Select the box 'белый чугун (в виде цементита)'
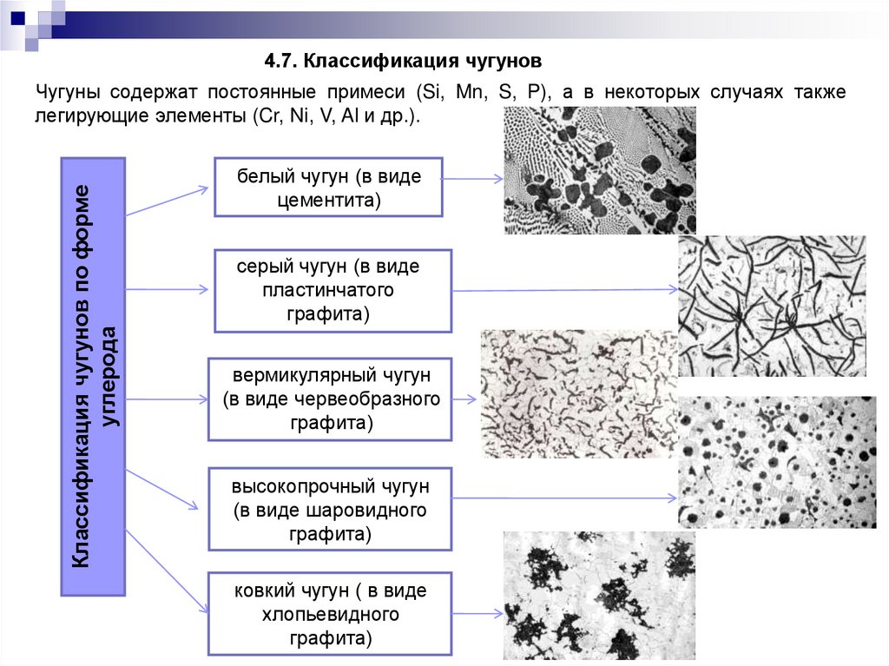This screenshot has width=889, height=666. pyautogui.click(x=328, y=188)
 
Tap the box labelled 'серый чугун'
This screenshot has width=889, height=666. pyautogui.click(x=333, y=291)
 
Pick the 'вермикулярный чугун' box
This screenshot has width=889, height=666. pyautogui.click(x=330, y=399)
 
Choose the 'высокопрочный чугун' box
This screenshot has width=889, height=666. pyautogui.click(x=330, y=508)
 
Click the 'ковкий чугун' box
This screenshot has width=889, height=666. pyautogui.click(x=330, y=614)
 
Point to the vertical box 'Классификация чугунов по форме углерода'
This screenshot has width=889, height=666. pyautogui.click(x=94, y=376)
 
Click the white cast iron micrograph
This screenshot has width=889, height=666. pyautogui.click(x=599, y=171)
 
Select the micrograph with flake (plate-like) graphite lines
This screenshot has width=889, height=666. pyautogui.click(x=771, y=306)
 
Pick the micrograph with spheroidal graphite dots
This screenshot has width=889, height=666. pyautogui.click(x=777, y=462)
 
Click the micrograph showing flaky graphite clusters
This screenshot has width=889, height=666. pyautogui.click(x=599, y=595)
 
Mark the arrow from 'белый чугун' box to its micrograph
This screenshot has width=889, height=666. pyautogui.click(x=473, y=180)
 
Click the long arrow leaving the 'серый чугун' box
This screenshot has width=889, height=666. pyautogui.click(x=564, y=290)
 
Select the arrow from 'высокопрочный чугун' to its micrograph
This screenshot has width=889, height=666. pyautogui.click(x=564, y=498)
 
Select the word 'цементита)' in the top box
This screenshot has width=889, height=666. pyautogui.click(x=328, y=200)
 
